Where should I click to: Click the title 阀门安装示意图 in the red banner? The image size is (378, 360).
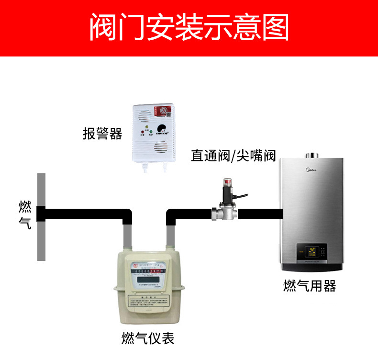click(x=189, y=28)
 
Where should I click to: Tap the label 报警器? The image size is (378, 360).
click(x=102, y=134)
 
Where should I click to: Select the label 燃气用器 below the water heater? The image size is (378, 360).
click(x=310, y=286)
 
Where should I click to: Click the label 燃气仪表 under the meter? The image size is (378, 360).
click(x=147, y=338)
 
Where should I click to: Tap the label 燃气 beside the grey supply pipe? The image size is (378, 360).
click(x=25, y=215)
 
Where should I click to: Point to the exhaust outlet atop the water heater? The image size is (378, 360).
click(x=312, y=154)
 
